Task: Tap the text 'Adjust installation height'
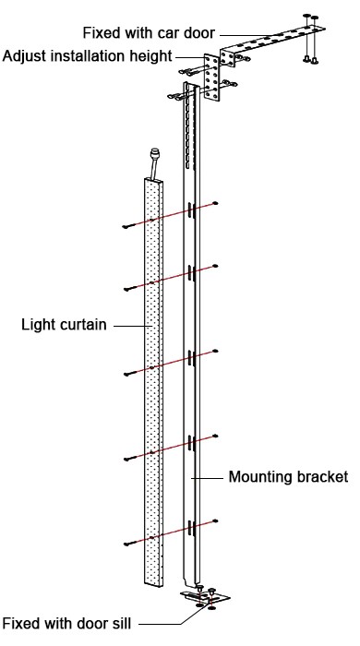tap(86, 55)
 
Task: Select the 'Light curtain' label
tap(62, 325)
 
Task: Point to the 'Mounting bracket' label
tap(287, 477)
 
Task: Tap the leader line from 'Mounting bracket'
tap(210, 478)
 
